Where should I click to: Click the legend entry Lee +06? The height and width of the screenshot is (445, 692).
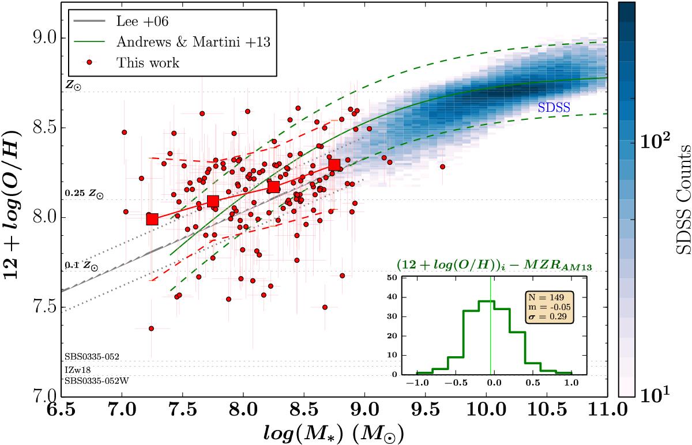135,22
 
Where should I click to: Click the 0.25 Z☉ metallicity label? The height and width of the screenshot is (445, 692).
84,195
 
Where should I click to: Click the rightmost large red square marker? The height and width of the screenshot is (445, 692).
334,165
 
